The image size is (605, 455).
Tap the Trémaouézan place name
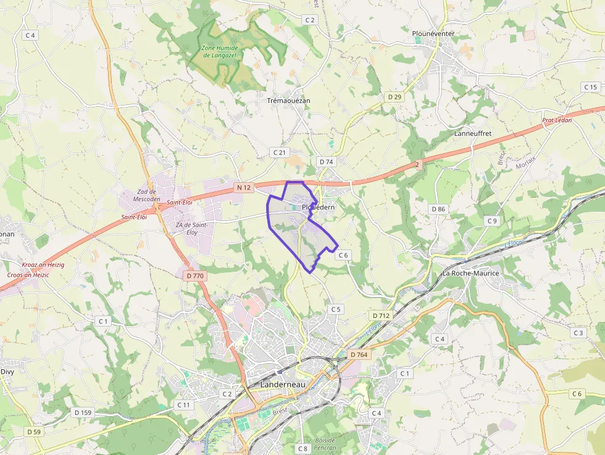coord(288,100)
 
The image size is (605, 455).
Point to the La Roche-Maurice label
coord(470,273)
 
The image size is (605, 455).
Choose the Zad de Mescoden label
coord(147,195)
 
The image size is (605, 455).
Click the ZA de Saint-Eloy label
coord(191,228)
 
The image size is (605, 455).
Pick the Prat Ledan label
coord(557,120)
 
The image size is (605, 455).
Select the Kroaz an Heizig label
coord(43,264)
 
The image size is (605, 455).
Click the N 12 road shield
coord(243,187)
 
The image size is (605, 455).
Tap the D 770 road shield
coord(194,276)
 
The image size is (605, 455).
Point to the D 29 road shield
coord(394,97)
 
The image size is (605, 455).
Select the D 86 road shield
coord(438,209)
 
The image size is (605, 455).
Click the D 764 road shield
coord(359,354)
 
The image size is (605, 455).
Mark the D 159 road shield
coord(83,412)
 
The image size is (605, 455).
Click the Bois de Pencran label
coord(325,443)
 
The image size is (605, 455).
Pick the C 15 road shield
coord(590,87)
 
